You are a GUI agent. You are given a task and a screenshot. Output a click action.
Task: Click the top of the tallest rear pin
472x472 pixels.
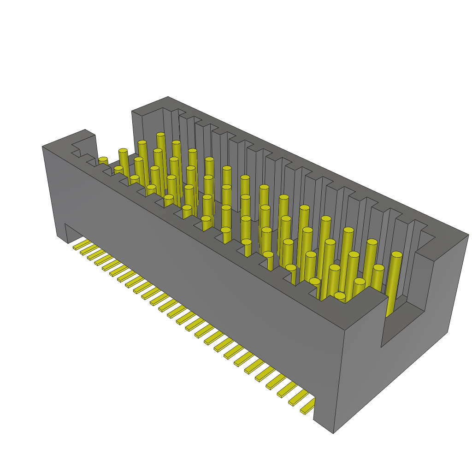click(160, 135)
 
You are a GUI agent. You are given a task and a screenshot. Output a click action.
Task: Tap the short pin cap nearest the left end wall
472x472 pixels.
click(103, 159)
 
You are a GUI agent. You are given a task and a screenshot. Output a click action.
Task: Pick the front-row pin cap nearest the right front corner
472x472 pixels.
click(340, 295)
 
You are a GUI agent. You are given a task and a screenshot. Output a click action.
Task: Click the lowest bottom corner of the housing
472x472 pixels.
click(333, 433)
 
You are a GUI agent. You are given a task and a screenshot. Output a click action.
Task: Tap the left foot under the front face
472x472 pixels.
click(62, 233)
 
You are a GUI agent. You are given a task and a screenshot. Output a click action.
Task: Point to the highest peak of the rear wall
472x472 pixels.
click(168, 97)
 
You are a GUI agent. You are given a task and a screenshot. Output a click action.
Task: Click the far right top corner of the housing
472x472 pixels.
click(468, 235)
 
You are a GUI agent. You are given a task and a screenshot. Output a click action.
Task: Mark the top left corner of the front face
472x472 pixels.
click(42, 147)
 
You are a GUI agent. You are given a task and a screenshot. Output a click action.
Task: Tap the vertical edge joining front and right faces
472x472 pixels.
click(343, 369)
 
